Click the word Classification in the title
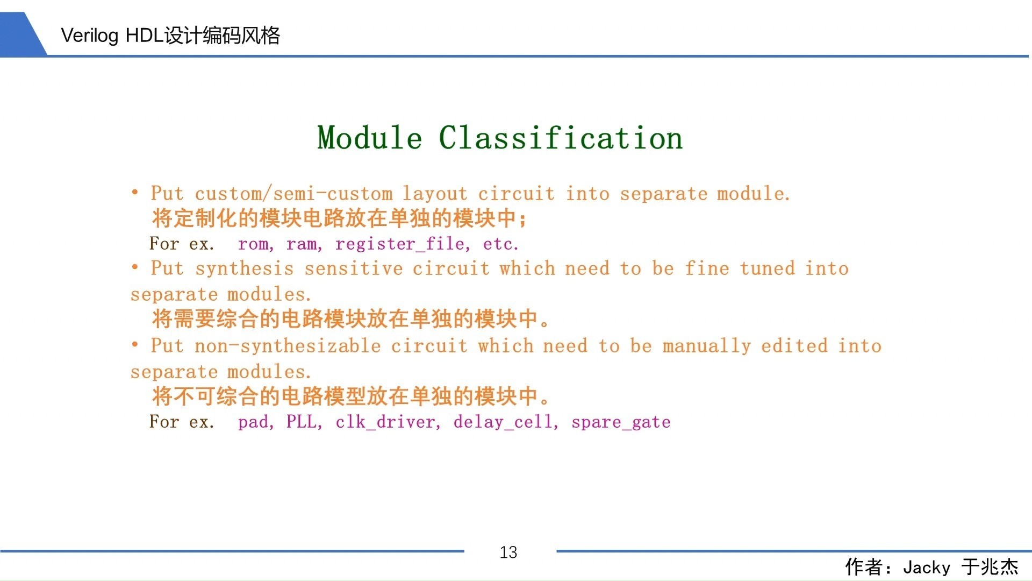[561, 137]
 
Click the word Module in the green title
[370, 137]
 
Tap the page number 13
[508, 552]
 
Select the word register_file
[400, 244]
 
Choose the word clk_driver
[385, 422]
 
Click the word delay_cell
[503, 422]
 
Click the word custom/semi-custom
[293, 194]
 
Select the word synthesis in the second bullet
[245, 269]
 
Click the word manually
[707, 346]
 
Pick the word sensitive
[354, 268]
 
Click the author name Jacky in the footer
[927, 568]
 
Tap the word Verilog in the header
[89, 36]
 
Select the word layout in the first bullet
[435, 194]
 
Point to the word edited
[794, 346]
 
